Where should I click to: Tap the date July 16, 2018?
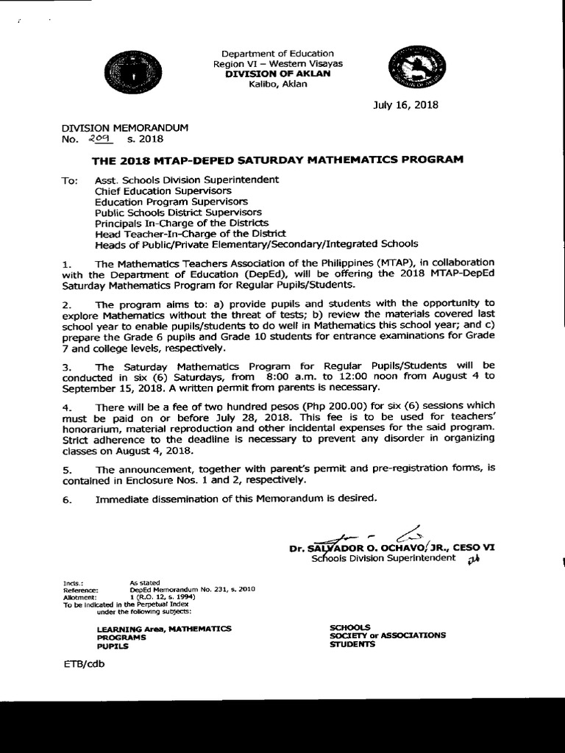tap(405, 104)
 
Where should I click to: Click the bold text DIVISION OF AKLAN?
tap(277, 74)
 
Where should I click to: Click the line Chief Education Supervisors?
tap(152, 190)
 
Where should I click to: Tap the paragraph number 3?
tap(65, 365)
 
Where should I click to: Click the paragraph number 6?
tap(65, 499)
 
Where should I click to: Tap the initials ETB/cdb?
tap(85, 664)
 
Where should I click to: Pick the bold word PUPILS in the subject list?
tap(113, 646)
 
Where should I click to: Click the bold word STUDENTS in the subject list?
tap(352, 644)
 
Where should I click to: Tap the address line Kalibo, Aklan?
tap(278, 84)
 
